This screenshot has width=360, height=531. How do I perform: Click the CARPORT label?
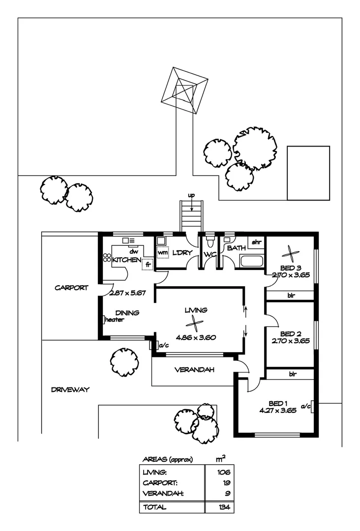point(71,288)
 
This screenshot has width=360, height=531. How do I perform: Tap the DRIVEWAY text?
point(70,390)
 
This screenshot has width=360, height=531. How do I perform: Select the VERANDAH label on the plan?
point(194,370)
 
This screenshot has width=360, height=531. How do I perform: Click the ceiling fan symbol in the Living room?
point(195,324)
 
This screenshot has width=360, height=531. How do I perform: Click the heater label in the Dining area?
point(115,320)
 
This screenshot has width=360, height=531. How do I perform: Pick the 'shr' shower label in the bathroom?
point(256,242)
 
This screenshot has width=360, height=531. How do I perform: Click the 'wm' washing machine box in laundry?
point(163,252)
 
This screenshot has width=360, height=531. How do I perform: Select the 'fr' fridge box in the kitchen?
point(148,264)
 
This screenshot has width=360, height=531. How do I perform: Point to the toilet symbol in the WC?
point(210,240)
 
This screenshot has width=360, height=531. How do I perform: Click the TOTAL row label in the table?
point(154,507)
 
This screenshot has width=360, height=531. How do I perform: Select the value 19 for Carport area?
point(227,483)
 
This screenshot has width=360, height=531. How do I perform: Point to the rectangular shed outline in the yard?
point(308,173)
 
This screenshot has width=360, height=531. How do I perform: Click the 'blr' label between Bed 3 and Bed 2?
point(291,295)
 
